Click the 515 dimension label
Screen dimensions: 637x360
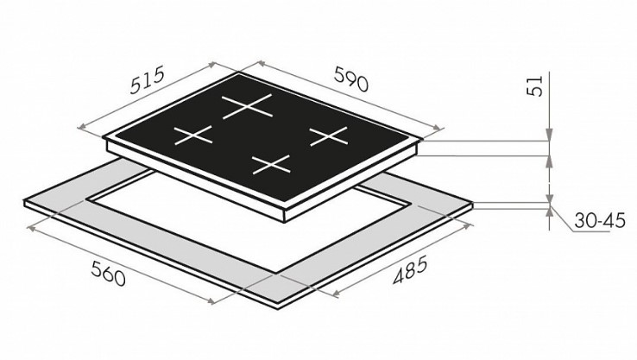(x=147, y=79)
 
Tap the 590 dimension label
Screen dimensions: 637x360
(x=351, y=79)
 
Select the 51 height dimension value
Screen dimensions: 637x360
(x=535, y=85)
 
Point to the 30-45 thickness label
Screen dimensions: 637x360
(x=600, y=221)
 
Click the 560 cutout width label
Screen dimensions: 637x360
(x=108, y=273)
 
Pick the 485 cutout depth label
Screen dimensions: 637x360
(x=410, y=269)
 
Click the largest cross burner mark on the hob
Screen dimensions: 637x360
(x=247, y=106)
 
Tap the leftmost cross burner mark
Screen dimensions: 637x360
(x=193, y=136)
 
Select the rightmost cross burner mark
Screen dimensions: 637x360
(x=329, y=136)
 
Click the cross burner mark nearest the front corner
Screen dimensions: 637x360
(x=271, y=165)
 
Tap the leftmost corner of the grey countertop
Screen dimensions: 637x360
(x=24, y=201)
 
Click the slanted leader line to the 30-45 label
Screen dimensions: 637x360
(x=562, y=220)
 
